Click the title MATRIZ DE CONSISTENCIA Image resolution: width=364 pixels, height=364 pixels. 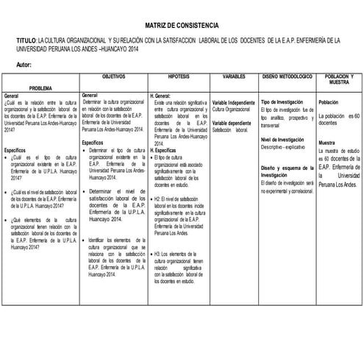point(181,25)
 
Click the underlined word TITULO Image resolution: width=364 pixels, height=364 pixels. point(25,40)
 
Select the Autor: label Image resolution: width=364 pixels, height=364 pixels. point(24,65)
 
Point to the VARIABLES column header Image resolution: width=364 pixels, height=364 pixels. point(233,76)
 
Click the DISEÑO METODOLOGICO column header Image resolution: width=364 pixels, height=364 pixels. point(287,76)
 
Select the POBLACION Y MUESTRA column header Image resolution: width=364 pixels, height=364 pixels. point(338,80)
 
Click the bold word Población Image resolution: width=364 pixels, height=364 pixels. point(328,102)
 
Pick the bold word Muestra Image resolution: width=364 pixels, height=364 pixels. point(326,143)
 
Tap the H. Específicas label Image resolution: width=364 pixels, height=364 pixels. point(163,149)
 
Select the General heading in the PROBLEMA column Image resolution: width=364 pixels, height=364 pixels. point(12,96)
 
